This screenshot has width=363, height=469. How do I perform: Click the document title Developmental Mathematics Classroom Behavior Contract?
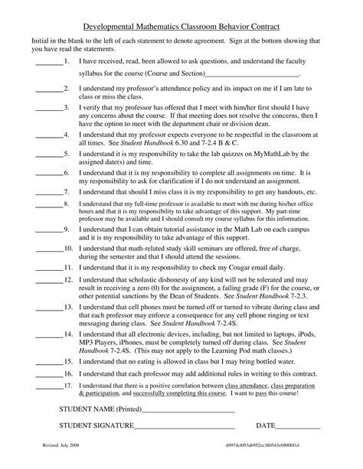(x=181, y=26)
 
